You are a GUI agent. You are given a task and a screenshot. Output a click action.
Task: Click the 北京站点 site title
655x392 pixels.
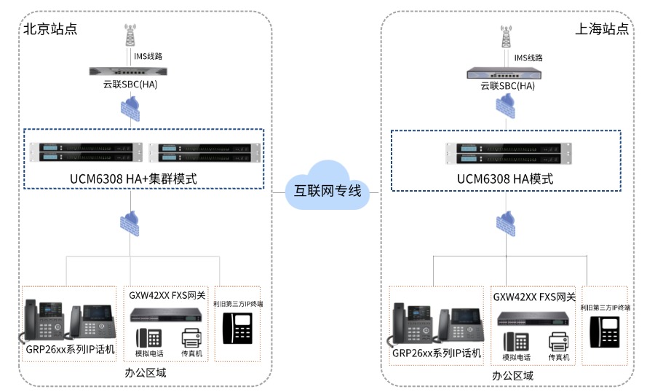pyautogui.click(x=50, y=29)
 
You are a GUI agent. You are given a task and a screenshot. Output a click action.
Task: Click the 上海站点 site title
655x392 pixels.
pyautogui.click(x=602, y=29)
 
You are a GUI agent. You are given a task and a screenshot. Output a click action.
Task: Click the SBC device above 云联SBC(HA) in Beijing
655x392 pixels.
pyautogui.click(x=130, y=71)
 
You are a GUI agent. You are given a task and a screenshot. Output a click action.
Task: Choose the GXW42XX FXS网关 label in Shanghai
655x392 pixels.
pyautogui.click(x=534, y=297)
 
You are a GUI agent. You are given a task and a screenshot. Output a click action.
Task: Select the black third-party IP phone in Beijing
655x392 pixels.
pyautogui.click(x=238, y=329)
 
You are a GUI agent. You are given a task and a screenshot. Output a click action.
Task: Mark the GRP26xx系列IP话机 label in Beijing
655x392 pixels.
pyautogui.click(x=71, y=350)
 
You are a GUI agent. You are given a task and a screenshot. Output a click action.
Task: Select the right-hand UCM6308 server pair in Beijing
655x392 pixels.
pyautogui.click(x=204, y=152)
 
